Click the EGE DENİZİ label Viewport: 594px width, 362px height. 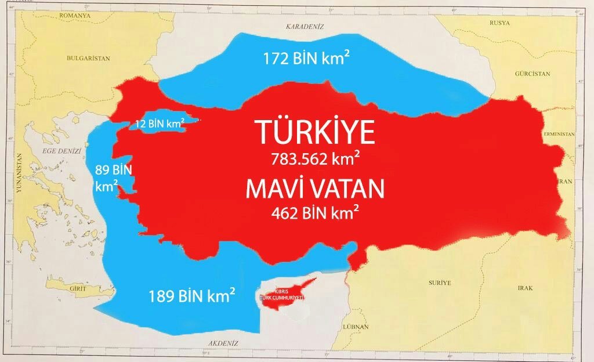60,151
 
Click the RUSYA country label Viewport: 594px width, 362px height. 499,23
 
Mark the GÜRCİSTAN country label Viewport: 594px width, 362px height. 532,74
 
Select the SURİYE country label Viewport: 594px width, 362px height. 439,283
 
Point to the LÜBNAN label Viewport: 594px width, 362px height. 356,327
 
